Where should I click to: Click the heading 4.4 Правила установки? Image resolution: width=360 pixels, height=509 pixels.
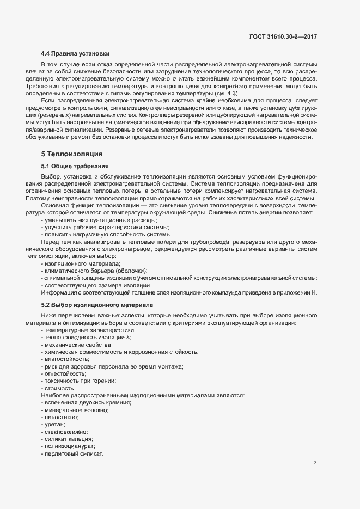75,53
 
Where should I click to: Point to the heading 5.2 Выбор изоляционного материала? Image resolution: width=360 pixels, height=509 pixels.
97,305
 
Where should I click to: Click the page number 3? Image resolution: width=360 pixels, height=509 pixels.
315,463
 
